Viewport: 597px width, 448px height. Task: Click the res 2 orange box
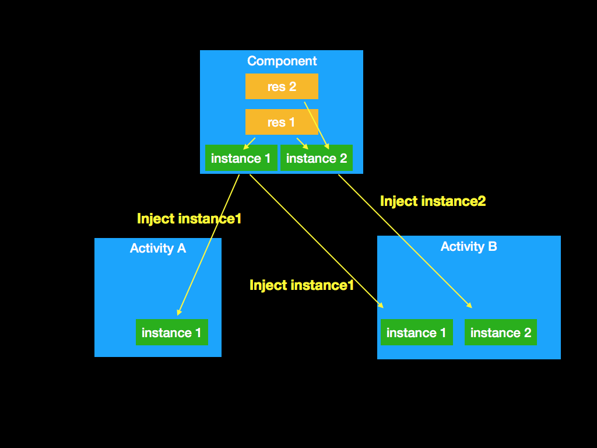tap(282, 86)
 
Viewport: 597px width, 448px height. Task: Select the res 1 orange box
tap(282, 122)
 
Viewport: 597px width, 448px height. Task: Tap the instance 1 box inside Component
tap(241, 158)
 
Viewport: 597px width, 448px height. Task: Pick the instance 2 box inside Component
tap(317, 158)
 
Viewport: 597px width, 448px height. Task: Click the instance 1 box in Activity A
tap(171, 332)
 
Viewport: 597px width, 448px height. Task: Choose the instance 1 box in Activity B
tap(416, 332)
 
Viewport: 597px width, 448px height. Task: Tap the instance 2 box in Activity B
tap(501, 332)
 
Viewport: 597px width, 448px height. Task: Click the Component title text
tap(282, 61)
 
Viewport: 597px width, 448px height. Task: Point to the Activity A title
tap(157, 249)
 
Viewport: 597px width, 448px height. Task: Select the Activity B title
tap(469, 246)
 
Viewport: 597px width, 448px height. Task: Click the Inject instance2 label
tap(433, 201)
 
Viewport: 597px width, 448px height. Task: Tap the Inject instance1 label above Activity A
tap(189, 219)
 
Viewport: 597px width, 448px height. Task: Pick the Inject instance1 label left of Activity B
tap(301, 285)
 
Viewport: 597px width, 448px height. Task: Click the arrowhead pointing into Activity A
tap(180, 312)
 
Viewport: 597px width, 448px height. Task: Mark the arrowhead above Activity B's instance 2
tap(469, 305)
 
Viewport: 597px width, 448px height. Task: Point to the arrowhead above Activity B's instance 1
tap(381, 306)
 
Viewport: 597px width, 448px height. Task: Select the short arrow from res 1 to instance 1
tap(250, 142)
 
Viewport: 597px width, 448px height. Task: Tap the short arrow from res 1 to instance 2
tap(302, 143)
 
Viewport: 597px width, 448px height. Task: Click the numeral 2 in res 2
tap(292, 86)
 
